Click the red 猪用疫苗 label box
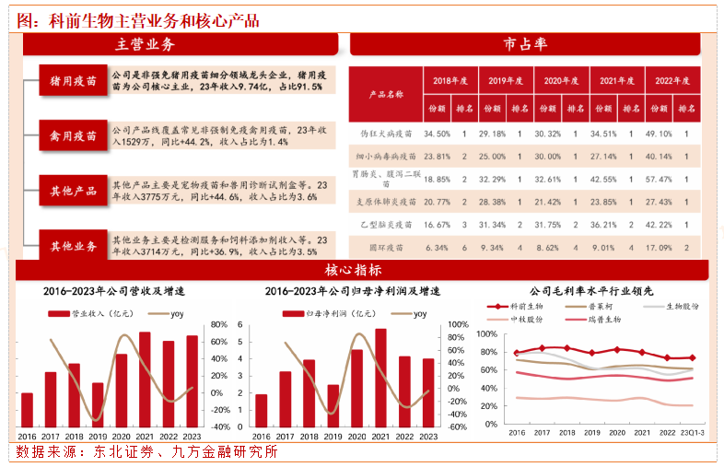[73, 80]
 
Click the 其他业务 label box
[73, 246]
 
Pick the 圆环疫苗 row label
[387, 248]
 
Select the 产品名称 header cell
[386, 94]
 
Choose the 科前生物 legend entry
[526, 306]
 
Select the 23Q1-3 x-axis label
[692, 432]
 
